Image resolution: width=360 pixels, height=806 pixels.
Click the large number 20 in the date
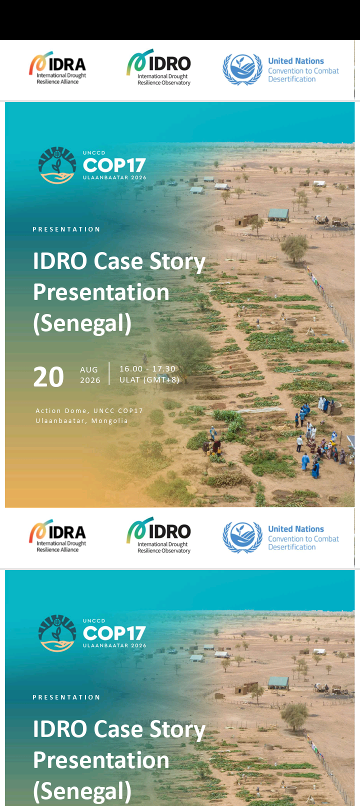coord(48,377)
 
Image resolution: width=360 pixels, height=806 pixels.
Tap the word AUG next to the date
coord(89,370)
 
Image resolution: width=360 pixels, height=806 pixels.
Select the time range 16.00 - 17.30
coord(147,369)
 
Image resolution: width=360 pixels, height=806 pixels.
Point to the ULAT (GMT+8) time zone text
coord(149,379)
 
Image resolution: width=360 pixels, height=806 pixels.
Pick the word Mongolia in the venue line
coord(109,421)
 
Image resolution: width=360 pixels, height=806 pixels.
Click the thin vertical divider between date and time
coord(109,373)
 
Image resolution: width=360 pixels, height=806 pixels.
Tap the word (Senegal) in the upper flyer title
coord(82,323)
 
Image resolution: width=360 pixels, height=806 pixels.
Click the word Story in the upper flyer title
coord(177,261)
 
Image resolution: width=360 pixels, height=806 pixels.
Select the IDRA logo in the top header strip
coord(57,68)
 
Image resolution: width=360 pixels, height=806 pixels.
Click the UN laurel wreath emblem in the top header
coord(242,69)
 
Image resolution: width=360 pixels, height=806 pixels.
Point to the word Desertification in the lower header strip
coord(291,547)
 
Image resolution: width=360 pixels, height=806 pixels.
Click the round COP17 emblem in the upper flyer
coord(57,165)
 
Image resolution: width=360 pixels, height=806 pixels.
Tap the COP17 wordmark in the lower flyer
coord(114,633)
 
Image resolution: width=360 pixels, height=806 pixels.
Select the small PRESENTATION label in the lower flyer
coord(66,697)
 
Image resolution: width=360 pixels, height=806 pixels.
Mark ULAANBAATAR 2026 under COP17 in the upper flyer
coord(114,177)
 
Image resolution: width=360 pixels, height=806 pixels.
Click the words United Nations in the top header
coord(296,61)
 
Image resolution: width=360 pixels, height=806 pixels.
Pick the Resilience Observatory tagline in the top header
coord(164,83)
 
